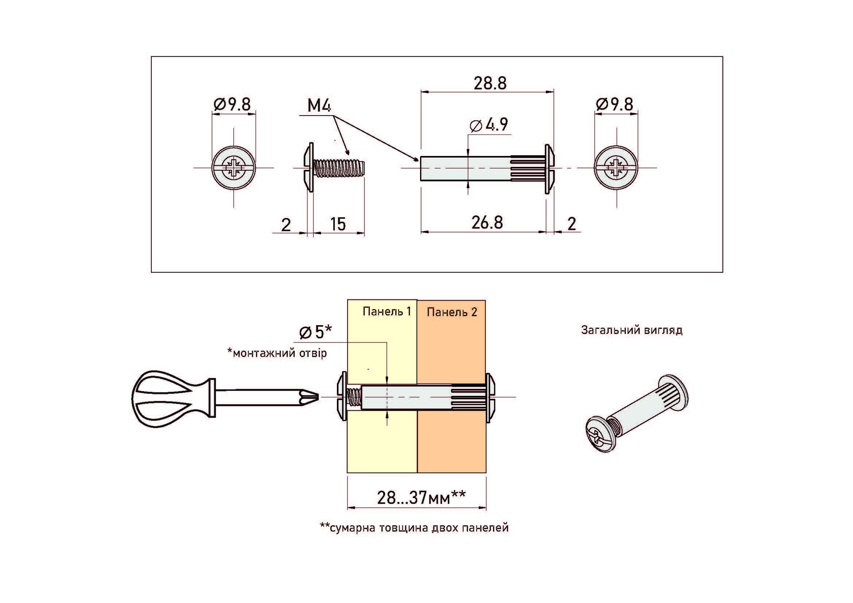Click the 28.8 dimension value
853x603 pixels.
point(490,83)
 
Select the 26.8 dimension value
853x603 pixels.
point(487,223)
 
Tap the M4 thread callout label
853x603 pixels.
point(319,106)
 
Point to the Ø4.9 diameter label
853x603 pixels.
point(489,125)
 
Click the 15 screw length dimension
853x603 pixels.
point(338,224)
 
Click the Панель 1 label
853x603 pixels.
point(387,311)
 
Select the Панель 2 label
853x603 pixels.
point(452,312)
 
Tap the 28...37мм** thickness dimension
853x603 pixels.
point(421,498)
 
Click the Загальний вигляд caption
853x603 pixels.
point(632,330)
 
